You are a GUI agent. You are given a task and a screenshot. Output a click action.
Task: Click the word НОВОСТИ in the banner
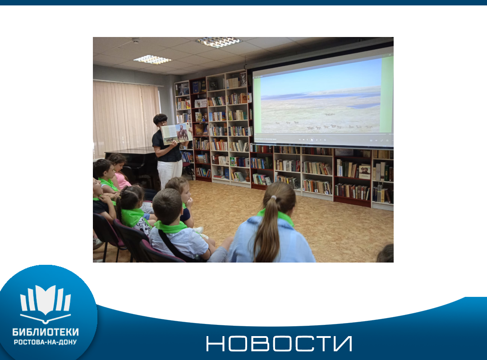pyautogui.click(x=279, y=343)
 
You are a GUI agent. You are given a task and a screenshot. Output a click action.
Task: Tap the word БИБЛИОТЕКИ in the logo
pyautogui.click(x=46, y=332)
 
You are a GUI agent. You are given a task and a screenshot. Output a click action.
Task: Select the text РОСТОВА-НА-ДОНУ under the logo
pyautogui.click(x=46, y=342)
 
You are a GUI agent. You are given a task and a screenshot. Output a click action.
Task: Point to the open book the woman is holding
pyautogui.click(x=176, y=133)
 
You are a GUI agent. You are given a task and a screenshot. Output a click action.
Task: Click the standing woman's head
pyautogui.click(x=160, y=120)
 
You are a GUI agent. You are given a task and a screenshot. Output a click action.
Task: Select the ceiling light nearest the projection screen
pyautogui.click(x=219, y=42)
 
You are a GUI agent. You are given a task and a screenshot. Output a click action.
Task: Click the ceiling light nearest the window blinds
pyautogui.click(x=152, y=60)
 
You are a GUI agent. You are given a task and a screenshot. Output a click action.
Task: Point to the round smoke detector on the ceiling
pyautogui.click(x=136, y=41)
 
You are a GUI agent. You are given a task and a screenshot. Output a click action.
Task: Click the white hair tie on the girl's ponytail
pyautogui.click(x=273, y=198)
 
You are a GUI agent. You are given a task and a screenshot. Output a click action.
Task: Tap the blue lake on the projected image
pyautogui.click(x=363, y=106)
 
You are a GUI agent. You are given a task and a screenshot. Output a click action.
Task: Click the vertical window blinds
pyautogui.click(x=126, y=119)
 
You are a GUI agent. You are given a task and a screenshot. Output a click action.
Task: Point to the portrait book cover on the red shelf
pyautogui.click(x=365, y=171)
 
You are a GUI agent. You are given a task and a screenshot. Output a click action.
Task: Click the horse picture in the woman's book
pyautogui.click(x=183, y=133)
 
